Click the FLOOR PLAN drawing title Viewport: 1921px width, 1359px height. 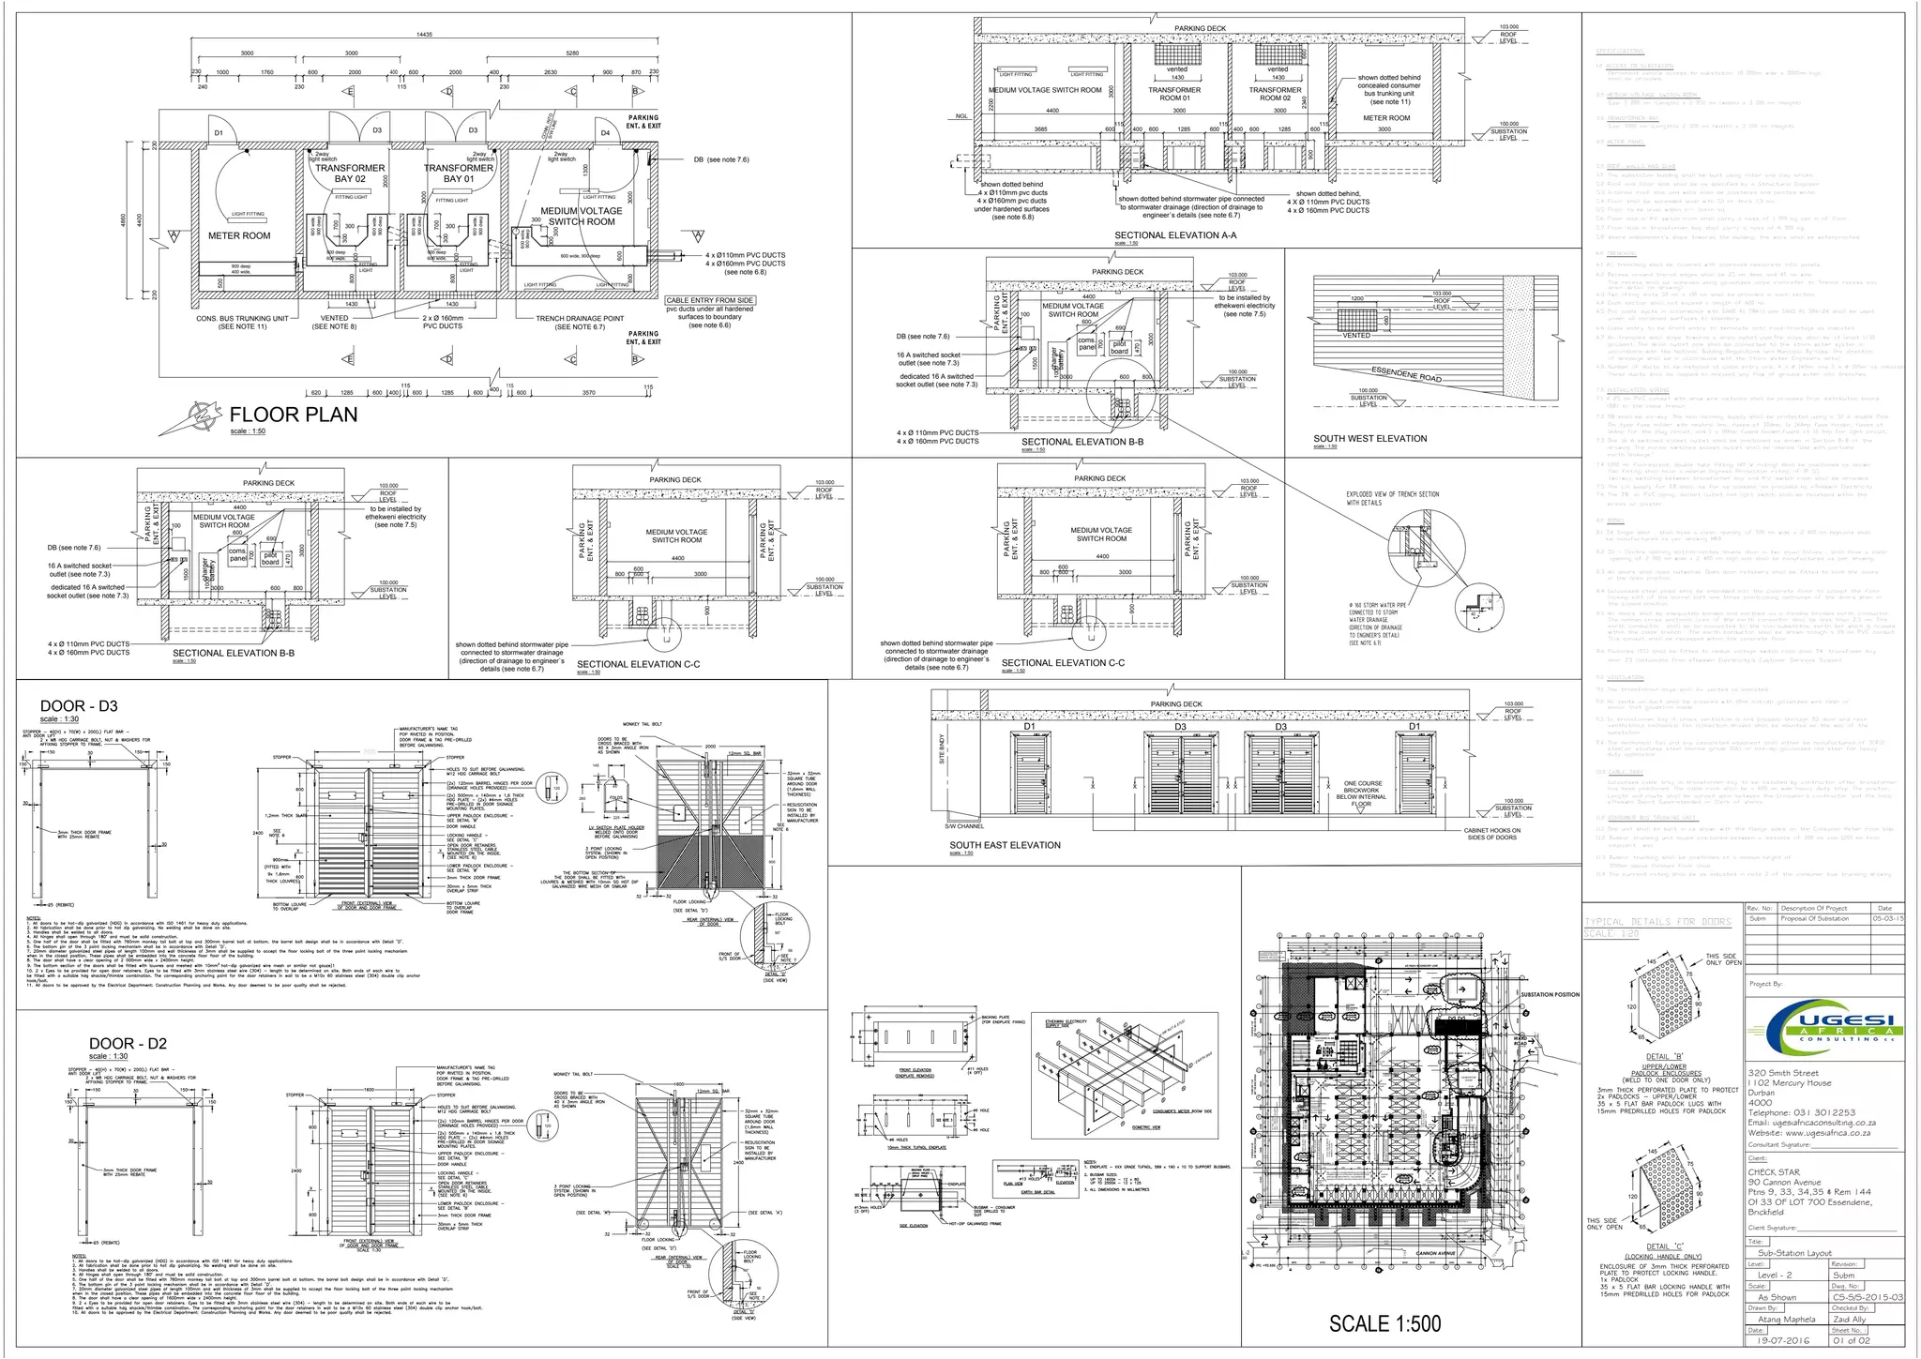click(293, 415)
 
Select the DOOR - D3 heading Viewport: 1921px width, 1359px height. click(79, 706)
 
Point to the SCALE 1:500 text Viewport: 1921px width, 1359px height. click(1384, 1323)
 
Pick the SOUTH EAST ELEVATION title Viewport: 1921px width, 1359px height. click(1005, 845)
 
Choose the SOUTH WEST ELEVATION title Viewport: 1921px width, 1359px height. click(1369, 438)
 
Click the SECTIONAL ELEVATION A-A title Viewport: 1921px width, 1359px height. click(1175, 235)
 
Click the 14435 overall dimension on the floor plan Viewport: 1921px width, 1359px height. click(424, 35)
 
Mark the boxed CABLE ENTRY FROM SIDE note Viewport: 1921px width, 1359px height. click(710, 300)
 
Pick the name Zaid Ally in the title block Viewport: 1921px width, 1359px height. click(1850, 1320)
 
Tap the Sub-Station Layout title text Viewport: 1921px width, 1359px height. click(1793, 1252)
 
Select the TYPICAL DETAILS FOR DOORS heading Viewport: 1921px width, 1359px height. click(1656, 922)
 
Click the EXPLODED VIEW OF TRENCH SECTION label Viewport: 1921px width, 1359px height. click(1392, 498)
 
